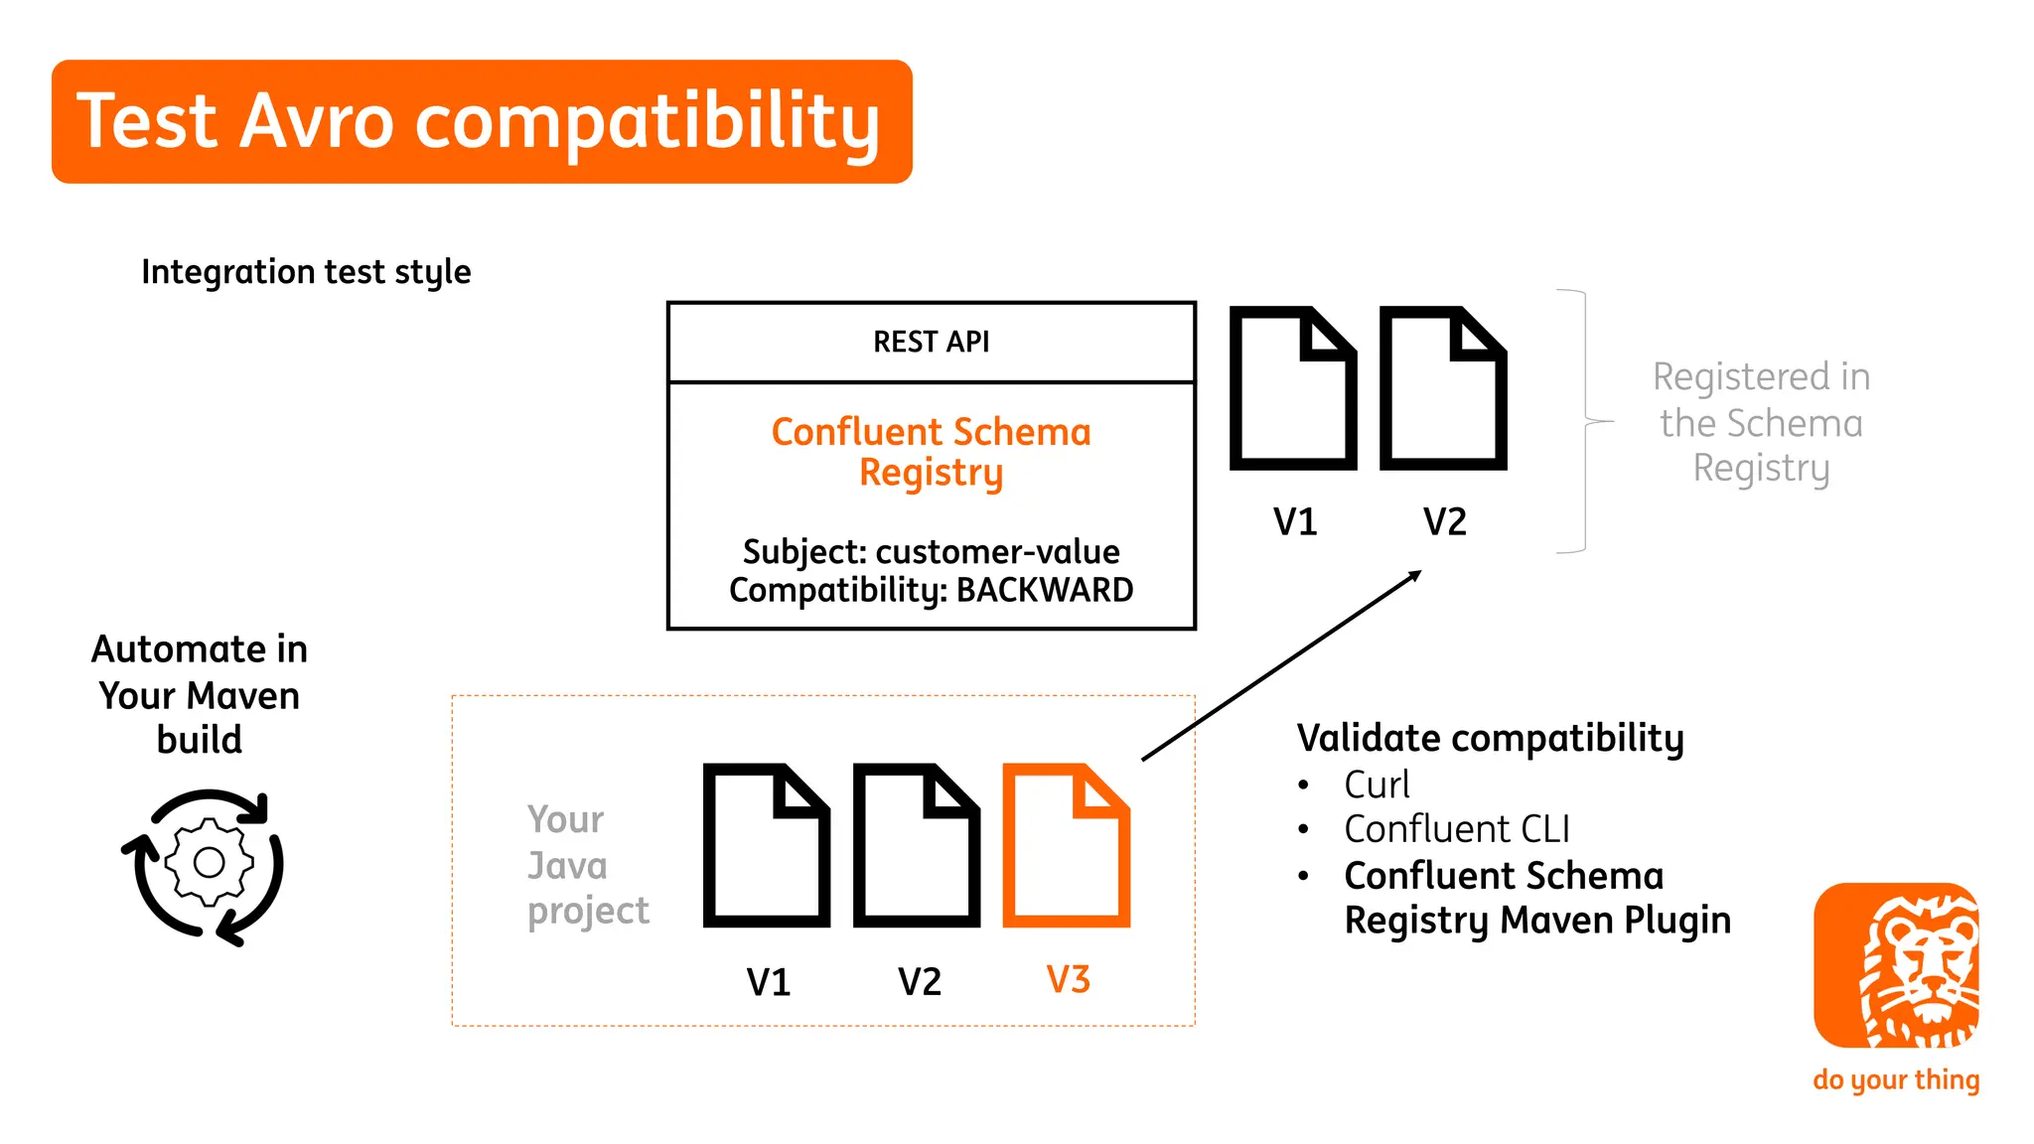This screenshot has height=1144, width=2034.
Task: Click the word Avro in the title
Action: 317,121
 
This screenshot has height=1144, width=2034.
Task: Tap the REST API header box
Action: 931,342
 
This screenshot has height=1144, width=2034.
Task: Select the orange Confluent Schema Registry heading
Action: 931,452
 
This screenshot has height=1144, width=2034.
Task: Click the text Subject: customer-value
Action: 931,551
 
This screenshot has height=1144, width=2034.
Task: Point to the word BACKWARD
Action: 1044,590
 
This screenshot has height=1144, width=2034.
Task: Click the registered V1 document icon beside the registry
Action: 1292,388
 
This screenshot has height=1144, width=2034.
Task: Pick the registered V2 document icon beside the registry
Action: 1443,388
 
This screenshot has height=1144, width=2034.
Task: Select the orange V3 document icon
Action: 1066,845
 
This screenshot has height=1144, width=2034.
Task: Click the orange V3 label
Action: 1068,980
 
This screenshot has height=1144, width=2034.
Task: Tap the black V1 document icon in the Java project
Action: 766,845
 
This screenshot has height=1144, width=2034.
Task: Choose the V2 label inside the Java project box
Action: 919,982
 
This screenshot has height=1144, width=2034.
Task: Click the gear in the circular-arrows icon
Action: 209,862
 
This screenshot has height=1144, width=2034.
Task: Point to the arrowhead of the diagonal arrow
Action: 1415,575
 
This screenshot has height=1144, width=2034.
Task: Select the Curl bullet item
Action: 1376,785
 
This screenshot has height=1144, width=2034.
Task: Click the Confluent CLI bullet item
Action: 1456,829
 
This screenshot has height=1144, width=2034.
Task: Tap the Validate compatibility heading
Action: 1490,738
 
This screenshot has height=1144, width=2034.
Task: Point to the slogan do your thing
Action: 1895,1079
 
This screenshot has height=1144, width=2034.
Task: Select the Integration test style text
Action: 306,271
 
